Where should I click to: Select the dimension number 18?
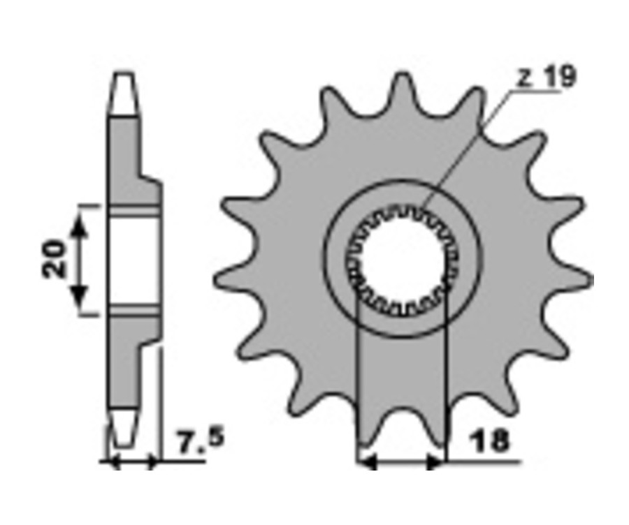(489, 440)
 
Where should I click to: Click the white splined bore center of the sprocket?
(402, 258)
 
